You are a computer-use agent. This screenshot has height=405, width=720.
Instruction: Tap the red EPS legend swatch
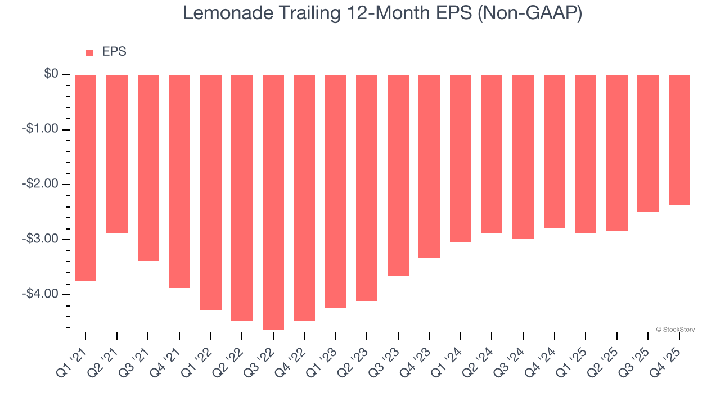pos(89,52)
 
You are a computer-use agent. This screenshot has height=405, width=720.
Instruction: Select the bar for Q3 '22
pos(273,202)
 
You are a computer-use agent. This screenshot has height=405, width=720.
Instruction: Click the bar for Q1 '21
pos(85,178)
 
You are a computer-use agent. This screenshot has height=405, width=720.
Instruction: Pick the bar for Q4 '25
pos(679,139)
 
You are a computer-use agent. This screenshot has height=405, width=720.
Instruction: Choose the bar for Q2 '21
pos(117,154)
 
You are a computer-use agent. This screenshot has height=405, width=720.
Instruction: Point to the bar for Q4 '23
pos(429,166)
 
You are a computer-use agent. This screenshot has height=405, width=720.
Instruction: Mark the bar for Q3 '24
pos(523,157)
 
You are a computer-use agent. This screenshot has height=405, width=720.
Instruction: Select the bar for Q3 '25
pos(648,143)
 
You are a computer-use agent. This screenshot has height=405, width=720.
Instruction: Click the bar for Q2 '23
pos(367,188)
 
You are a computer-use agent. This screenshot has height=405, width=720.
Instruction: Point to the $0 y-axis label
pos(51,74)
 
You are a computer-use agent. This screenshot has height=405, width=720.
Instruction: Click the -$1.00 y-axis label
pos(40,129)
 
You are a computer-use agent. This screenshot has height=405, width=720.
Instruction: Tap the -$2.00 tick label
pos(40,184)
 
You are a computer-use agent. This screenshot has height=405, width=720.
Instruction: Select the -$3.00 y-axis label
pos(40,240)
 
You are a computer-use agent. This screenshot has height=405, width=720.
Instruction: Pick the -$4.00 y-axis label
pos(40,294)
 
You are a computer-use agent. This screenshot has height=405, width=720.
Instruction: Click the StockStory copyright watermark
pos(675,330)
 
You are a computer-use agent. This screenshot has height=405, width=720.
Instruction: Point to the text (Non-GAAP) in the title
pos(529,13)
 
